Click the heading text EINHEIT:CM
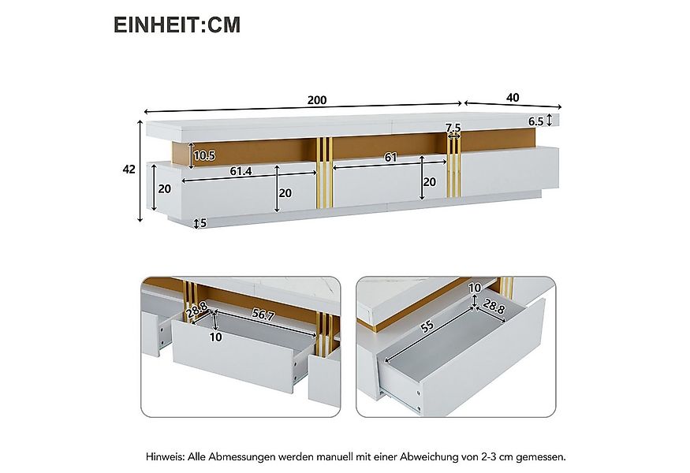click(x=177, y=24)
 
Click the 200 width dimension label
click(x=316, y=100)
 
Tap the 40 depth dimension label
click(x=513, y=98)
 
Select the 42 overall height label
click(x=129, y=169)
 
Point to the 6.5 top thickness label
click(x=535, y=121)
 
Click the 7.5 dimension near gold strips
click(x=453, y=128)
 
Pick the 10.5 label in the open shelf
click(x=204, y=156)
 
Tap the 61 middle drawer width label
click(x=390, y=158)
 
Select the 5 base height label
click(x=203, y=223)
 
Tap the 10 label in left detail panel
click(x=216, y=337)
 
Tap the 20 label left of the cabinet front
click(x=164, y=188)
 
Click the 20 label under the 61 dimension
click(x=429, y=181)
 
